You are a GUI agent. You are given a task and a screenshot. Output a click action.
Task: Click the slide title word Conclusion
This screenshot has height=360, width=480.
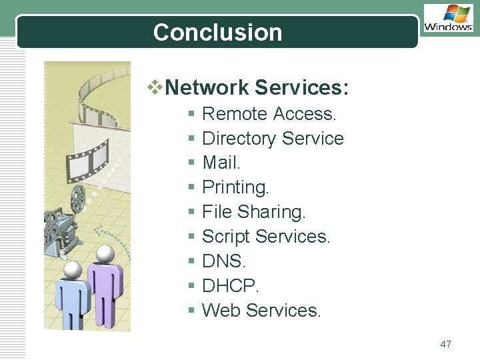(217, 32)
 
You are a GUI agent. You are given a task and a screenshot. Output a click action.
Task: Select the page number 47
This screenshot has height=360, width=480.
(446, 344)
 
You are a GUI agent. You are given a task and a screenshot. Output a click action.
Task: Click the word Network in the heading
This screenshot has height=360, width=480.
(207, 87)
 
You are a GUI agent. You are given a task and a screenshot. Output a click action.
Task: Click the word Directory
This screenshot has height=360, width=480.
(239, 139)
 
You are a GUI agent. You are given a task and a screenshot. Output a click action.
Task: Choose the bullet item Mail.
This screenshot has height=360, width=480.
(221, 163)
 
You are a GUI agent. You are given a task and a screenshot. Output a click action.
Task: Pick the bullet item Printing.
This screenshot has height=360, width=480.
(235, 187)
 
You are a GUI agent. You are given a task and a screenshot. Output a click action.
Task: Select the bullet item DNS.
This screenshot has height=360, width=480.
(223, 261)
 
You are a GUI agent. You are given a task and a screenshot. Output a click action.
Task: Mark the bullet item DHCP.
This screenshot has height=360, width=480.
(230, 285)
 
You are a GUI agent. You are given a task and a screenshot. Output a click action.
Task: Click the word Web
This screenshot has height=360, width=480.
(221, 310)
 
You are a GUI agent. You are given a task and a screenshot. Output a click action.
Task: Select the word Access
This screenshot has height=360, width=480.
(305, 114)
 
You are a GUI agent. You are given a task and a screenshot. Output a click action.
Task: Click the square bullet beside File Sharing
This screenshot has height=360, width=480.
(191, 213)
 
